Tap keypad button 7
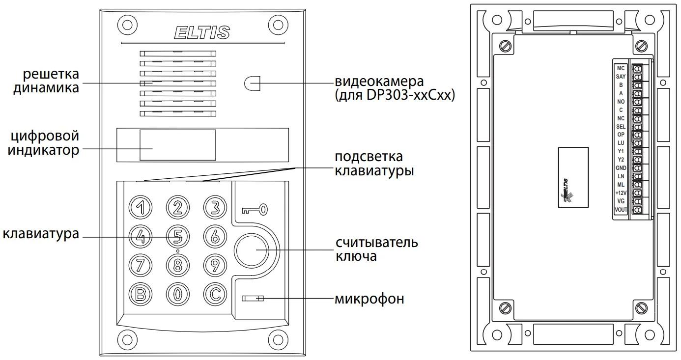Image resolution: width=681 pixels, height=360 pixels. (x=140, y=265)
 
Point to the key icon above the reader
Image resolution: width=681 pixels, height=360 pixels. (x=255, y=210)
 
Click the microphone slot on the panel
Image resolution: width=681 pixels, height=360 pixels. (x=253, y=298)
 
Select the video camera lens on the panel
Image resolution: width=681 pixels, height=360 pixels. (x=252, y=83)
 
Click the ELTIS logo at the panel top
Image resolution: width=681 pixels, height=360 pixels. (x=202, y=32)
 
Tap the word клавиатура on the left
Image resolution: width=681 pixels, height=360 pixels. (x=41, y=234)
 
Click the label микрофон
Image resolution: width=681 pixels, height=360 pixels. (x=369, y=299)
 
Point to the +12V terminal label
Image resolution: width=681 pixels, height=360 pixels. (x=620, y=193)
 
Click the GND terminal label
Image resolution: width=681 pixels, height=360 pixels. (x=620, y=168)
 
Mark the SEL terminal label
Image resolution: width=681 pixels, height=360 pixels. (x=620, y=126)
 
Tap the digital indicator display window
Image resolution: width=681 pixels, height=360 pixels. (x=177, y=145)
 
